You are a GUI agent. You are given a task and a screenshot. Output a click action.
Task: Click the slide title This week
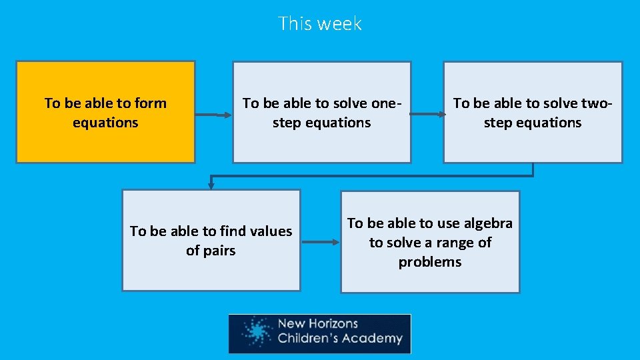coord(320,23)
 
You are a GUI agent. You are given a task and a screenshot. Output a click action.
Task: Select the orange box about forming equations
coord(105,140)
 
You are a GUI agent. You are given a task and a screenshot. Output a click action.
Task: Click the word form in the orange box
coord(151,103)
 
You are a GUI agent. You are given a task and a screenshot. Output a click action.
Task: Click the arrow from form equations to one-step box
coord(213,115)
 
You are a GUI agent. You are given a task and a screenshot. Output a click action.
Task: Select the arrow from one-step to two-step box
coord(427,115)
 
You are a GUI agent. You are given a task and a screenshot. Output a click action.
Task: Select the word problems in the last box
coord(430,262)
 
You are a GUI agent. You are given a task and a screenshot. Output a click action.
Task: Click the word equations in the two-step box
coord(551,123)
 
